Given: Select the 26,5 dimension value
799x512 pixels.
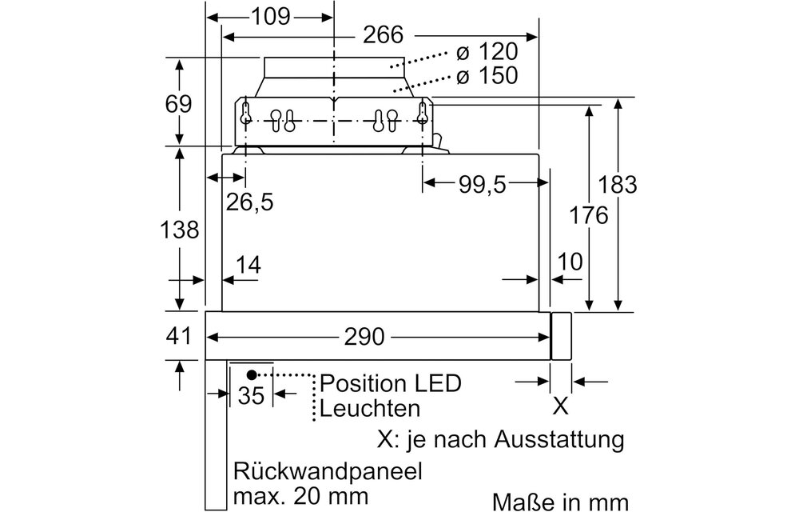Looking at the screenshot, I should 248,202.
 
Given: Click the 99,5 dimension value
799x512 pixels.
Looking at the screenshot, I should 483,184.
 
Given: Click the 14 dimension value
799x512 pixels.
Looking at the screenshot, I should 248,265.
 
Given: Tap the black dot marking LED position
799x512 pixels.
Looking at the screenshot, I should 252,374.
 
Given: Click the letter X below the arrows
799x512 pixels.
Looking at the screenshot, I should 561,406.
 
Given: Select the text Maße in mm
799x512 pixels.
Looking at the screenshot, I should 561,500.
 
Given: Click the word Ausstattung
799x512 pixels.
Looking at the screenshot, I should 559,438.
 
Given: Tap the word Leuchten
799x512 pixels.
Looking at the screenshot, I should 369,409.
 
